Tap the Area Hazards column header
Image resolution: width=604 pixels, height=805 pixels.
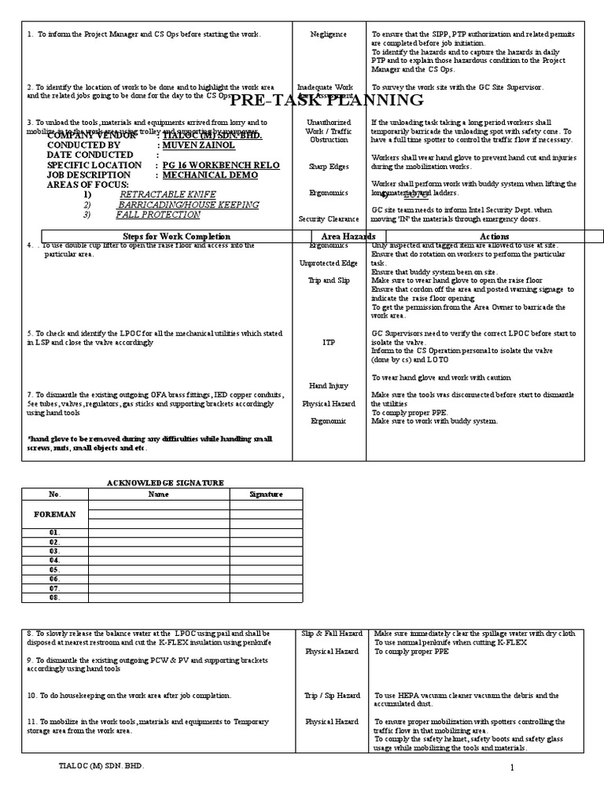348,237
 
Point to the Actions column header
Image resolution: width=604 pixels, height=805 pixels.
494,237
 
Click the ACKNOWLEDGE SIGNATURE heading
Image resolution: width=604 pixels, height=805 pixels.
165,482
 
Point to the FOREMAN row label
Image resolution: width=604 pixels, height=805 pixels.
55,514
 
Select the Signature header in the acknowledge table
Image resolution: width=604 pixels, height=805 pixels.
265,494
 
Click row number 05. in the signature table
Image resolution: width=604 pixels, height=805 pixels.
54,569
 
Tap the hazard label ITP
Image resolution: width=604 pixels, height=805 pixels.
329,342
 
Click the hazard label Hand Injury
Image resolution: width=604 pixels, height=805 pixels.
329,386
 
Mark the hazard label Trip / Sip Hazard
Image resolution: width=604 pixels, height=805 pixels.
332,696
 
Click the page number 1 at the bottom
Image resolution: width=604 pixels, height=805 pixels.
511,767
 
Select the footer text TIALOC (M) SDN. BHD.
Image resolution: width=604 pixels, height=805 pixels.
102,765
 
